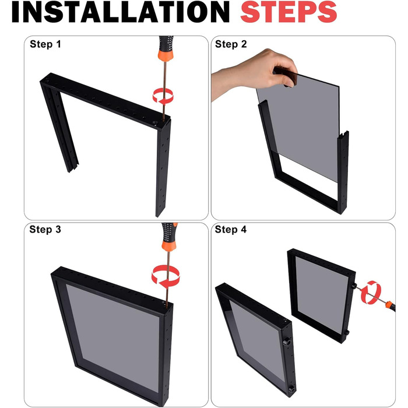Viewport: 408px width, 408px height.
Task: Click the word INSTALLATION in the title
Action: [x=121, y=12]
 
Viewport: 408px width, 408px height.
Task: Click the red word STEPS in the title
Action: [x=289, y=12]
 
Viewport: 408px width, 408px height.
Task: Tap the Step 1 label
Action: [x=45, y=44]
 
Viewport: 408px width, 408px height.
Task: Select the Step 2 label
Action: [x=231, y=44]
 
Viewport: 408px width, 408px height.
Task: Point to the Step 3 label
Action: [x=45, y=230]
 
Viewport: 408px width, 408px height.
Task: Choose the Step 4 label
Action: [x=231, y=230]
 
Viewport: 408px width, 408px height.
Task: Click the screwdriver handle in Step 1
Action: [x=166, y=48]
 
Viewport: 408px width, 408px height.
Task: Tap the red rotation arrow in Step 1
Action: [x=163, y=96]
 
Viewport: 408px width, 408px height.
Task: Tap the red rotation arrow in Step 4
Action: [x=371, y=292]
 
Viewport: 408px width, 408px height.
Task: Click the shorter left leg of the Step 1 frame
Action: [x=59, y=128]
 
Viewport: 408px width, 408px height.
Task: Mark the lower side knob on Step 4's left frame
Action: [x=291, y=389]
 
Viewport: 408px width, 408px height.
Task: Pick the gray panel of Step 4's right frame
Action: [x=322, y=296]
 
